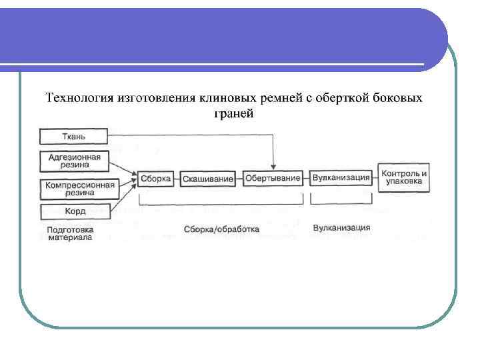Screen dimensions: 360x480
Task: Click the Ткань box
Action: tap(73, 137)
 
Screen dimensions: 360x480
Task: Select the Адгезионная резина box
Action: tap(73, 161)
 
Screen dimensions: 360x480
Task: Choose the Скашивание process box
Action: tap(207, 178)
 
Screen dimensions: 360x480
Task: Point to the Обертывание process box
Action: tap(272, 178)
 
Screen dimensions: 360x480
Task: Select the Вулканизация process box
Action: tap(341, 178)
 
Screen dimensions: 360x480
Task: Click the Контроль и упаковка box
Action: tap(404, 177)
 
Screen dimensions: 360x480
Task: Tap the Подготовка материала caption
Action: tap(69, 233)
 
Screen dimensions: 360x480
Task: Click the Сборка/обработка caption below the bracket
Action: tap(222, 229)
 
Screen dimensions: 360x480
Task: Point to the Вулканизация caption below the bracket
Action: tap(341, 228)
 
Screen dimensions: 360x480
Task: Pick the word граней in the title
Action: tap(233, 113)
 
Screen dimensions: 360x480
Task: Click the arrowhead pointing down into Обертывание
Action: tap(273, 167)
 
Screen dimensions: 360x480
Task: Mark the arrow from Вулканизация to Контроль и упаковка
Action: tap(375, 178)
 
